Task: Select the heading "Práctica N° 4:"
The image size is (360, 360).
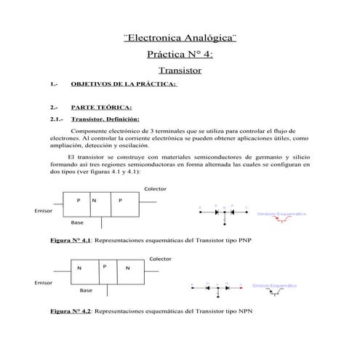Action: click(x=180, y=54)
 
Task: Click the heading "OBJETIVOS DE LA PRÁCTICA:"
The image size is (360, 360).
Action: click(x=123, y=84)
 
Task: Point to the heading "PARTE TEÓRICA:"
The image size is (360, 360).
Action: click(x=101, y=108)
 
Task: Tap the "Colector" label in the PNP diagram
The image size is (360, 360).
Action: click(x=155, y=188)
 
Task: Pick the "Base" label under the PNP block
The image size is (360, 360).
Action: click(x=77, y=223)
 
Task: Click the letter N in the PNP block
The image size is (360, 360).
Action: click(x=94, y=200)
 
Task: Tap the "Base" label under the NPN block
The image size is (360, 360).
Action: click(x=86, y=290)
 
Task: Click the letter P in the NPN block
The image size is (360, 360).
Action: click(x=105, y=266)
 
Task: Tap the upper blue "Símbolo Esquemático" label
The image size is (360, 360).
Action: click(x=281, y=215)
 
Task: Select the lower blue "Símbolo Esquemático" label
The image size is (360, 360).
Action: click(x=277, y=286)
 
